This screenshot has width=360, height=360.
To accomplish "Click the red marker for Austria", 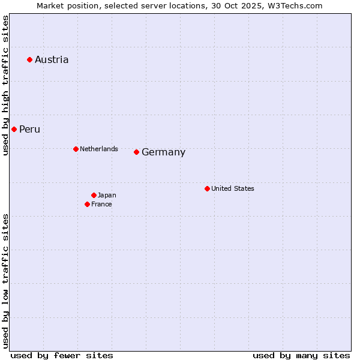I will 29,59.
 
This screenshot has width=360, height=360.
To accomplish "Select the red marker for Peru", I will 14,129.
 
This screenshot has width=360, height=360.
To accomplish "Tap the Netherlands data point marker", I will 76,149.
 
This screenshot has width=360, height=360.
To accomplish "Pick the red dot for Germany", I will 136,152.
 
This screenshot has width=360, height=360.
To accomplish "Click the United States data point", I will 207,188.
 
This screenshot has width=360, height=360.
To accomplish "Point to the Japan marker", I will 94,195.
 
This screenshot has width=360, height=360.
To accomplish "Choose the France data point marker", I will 87,204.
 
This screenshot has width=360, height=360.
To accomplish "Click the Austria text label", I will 52,59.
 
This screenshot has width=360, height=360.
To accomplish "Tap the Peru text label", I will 29,129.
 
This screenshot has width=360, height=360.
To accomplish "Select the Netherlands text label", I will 99,149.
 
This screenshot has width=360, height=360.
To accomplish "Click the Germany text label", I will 163,152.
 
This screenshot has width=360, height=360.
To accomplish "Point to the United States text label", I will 233,188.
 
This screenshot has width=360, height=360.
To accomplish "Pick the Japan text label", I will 107,195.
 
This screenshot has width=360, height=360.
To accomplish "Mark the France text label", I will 101,204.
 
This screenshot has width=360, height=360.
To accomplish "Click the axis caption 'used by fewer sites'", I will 62,355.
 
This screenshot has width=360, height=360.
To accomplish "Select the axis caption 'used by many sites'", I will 301,355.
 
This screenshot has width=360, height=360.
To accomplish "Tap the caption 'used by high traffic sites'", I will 5,86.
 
